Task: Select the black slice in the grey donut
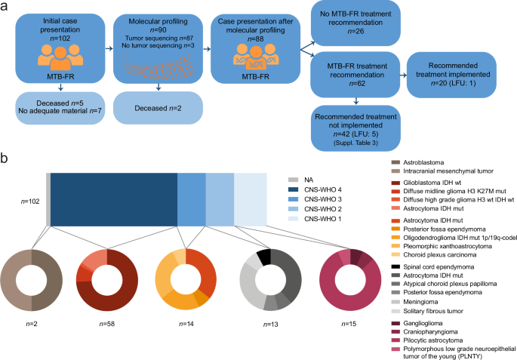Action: pyautogui.click(x=263, y=257)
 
